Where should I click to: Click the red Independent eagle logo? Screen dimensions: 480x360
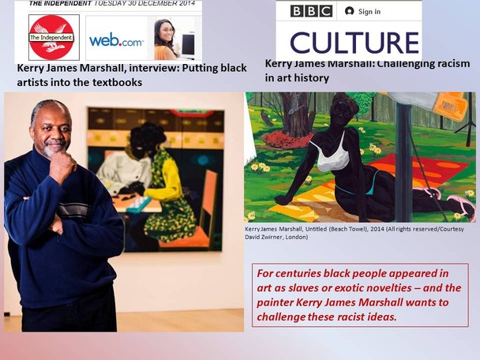(52, 37)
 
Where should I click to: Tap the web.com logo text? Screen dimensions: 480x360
(116, 40)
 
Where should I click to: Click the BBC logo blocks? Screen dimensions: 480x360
(311, 11)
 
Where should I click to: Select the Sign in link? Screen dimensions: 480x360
(362, 12)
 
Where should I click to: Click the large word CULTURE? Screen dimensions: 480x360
(354, 43)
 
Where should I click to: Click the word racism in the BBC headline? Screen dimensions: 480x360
(452, 64)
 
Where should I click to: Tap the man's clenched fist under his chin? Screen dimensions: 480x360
(62, 167)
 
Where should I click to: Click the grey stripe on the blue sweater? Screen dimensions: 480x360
(73, 210)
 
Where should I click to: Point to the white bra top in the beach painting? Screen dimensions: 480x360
(333, 156)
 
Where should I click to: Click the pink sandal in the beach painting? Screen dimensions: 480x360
(463, 204)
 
